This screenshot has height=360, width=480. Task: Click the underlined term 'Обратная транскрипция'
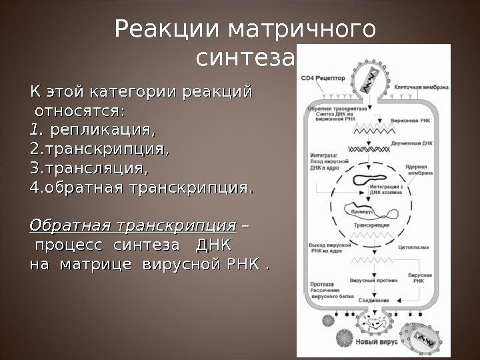pos(133,224)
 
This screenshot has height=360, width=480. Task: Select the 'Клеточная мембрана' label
pos(422,87)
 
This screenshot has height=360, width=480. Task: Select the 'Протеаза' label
pos(321,284)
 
